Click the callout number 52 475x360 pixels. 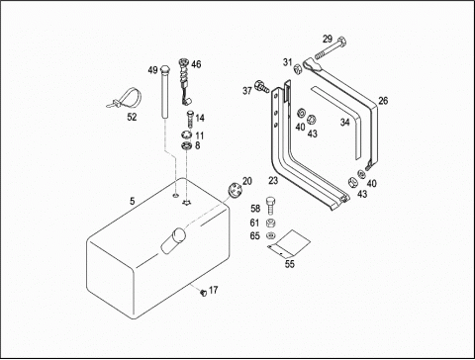[x=132, y=117]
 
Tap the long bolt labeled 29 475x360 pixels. [x=331, y=49]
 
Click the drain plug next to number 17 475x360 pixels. [x=203, y=292]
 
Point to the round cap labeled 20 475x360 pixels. [x=235, y=191]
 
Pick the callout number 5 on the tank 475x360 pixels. [x=133, y=201]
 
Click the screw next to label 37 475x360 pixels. [x=262, y=86]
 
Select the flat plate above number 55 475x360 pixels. [x=289, y=243]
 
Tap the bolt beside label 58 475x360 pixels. [x=270, y=206]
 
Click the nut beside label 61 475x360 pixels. [x=271, y=223]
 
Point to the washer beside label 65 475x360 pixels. [x=270, y=235]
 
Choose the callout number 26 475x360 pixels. [x=383, y=101]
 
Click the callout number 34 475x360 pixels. [x=345, y=123]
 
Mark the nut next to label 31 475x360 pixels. [x=298, y=69]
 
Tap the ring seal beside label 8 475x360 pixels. [x=186, y=145]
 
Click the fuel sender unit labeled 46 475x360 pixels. [x=184, y=81]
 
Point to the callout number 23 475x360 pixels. [x=273, y=180]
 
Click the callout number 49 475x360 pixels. [x=152, y=70]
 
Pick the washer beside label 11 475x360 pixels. [x=187, y=135]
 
